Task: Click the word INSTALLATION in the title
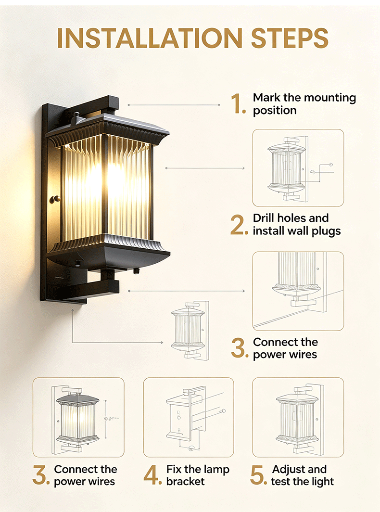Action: pyautogui.click(x=150, y=38)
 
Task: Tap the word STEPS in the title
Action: pyautogui.click(x=290, y=38)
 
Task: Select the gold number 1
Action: pyautogui.click(x=238, y=104)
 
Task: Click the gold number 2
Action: pyautogui.click(x=239, y=225)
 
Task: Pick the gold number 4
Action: pyautogui.click(x=152, y=475)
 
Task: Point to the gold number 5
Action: pyautogui.click(x=259, y=475)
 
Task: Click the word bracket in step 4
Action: pyautogui.click(x=185, y=481)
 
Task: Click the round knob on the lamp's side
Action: pyautogui.click(x=55, y=199)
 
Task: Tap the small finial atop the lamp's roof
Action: pyautogui.click(x=76, y=117)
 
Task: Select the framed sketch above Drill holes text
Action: pyautogui.click(x=298, y=168)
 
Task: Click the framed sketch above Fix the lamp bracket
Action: pyautogui.click(x=189, y=417)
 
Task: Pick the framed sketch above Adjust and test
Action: pyautogui.click(x=298, y=417)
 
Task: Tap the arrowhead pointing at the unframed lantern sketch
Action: pyautogui.click(x=162, y=343)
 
